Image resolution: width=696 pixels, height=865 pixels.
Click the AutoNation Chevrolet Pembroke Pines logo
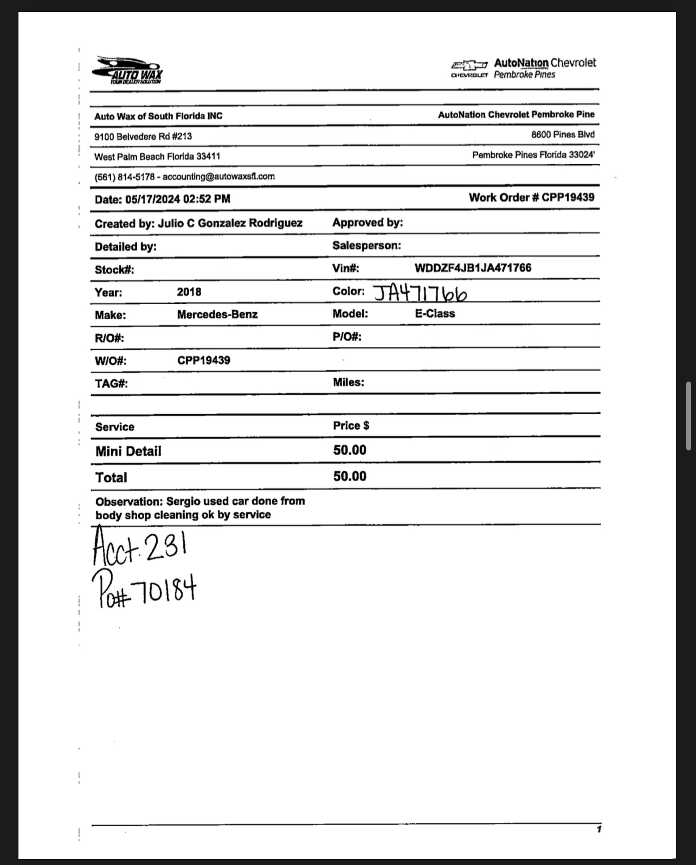point(523,69)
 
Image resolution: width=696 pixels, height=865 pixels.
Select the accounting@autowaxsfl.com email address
point(218,177)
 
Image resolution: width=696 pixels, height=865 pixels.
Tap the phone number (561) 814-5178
point(124,177)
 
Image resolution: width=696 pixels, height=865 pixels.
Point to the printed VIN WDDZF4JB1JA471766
point(473,268)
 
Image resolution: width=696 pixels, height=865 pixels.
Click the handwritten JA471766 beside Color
point(420,293)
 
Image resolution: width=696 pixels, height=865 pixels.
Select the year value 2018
point(189,292)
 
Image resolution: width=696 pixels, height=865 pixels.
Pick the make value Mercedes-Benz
point(217,315)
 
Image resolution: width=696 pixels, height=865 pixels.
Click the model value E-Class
point(435,314)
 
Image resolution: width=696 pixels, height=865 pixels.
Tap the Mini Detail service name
point(128,451)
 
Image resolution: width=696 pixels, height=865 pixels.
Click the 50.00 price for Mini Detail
point(350,450)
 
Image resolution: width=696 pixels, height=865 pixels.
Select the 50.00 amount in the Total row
point(350,476)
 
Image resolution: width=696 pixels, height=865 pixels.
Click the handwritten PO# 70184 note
point(144,590)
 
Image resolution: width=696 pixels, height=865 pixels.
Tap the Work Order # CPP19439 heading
point(531,197)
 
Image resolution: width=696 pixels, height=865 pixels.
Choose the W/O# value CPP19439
point(203,360)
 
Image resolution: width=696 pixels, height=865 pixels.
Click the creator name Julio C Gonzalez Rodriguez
point(230,223)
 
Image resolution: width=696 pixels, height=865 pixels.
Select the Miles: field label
point(348,383)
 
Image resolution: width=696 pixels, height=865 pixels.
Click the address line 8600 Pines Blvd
point(562,134)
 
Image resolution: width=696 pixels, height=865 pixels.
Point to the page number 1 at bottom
point(598,829)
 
